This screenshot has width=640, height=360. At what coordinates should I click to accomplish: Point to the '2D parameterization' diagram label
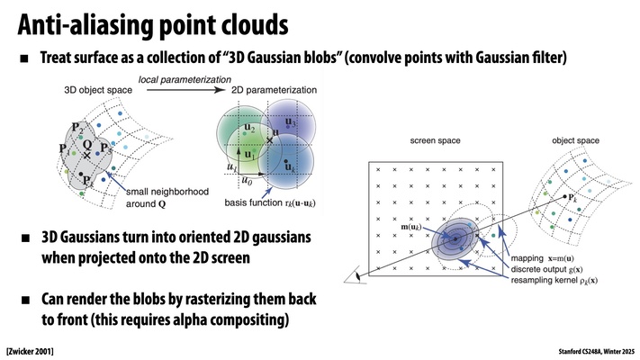click(257, 91)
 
